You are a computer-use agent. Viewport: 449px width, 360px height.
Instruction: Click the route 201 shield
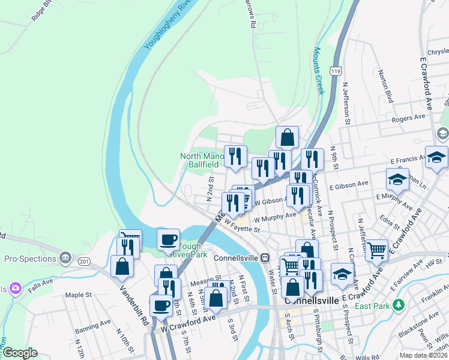click(83, 261)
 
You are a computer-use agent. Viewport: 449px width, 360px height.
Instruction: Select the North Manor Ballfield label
click(202, 160)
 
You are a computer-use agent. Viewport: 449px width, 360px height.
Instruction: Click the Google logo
click(20, 353)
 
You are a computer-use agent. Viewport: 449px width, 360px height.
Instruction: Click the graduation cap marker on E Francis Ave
click(436, 157)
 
